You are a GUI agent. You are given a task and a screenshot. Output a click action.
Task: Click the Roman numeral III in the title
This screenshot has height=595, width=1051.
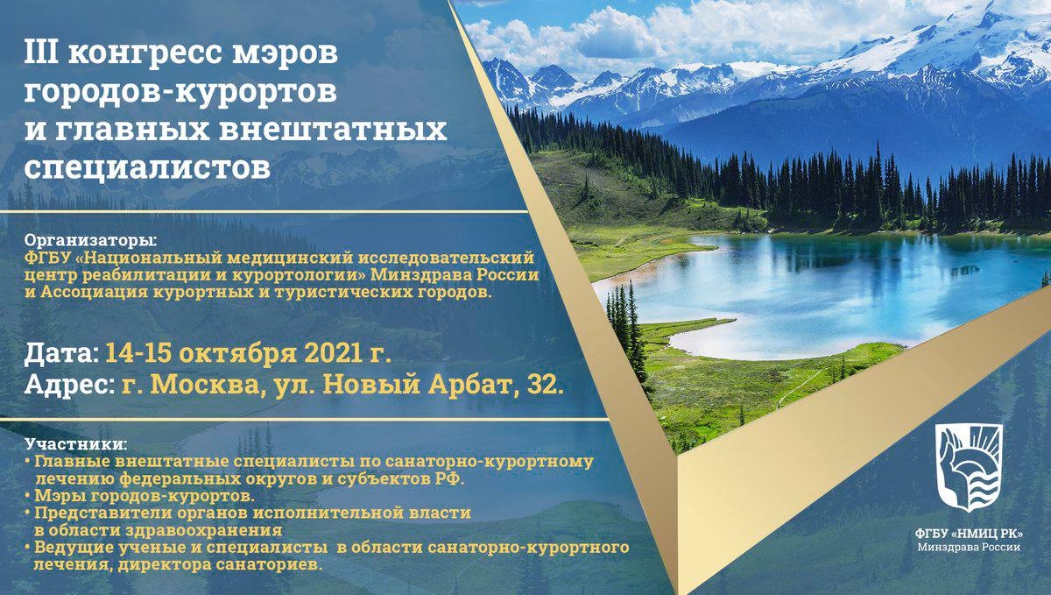(x=41, y=53)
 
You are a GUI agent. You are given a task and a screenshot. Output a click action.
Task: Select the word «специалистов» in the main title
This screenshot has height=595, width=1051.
(x=147, y=167)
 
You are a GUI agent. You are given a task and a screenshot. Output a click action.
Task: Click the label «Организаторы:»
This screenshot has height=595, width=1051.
(x=92, y=241)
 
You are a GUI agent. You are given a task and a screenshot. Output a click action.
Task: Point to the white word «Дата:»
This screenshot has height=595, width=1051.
(x=61, y=354)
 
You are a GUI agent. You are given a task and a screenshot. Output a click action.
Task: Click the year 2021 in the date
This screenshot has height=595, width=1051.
(x=333, y=352)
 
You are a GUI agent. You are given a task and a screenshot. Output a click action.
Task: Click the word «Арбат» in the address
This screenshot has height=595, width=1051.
(x=472, y=385)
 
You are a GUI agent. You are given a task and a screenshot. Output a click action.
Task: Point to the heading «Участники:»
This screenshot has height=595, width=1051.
(x=75, y=443)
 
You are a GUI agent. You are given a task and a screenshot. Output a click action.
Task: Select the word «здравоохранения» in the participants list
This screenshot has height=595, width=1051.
(x=204, y=531)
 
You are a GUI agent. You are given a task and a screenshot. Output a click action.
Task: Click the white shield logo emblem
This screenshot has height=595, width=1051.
(x=969, y=468)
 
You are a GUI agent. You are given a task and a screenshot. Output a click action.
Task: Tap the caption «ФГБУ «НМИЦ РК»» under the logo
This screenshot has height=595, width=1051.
(x=969, y=534)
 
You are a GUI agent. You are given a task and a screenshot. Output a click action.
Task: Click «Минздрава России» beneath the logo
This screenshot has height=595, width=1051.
(x=969, y=548)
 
